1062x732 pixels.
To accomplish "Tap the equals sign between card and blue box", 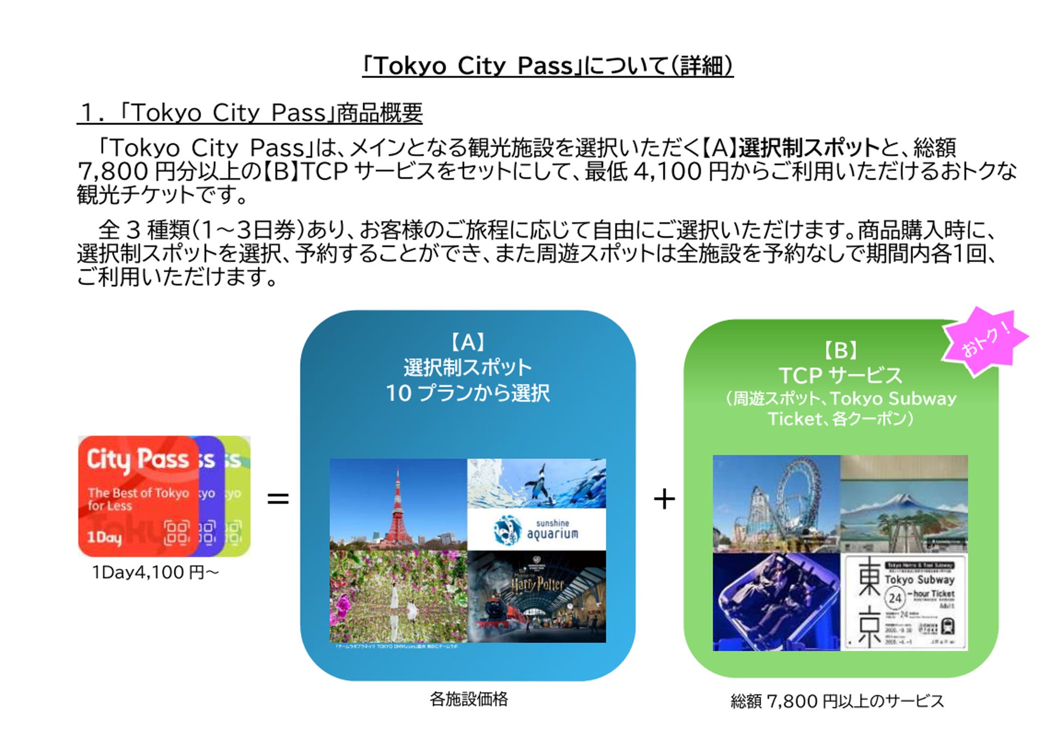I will coord(278,499).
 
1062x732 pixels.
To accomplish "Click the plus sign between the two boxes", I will coord(664,499).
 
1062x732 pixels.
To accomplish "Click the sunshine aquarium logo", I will coord(536,529).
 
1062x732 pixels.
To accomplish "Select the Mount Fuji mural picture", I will coord(904,503).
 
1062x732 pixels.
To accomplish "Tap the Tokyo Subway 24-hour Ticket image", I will coord(904,602).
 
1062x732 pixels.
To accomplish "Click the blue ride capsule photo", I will coord(776,602).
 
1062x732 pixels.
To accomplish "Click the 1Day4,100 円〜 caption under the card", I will coord(155,573).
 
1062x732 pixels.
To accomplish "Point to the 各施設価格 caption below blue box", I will coord(468,699).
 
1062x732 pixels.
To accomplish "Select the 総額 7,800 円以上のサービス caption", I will coord(837,701).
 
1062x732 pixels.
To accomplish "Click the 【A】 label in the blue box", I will coord(468,342).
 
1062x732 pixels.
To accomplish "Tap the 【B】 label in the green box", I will coord(840,350).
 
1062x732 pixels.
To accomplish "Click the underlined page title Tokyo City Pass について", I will coord(547,66).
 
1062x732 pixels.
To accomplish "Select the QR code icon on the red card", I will coord(177,533).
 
